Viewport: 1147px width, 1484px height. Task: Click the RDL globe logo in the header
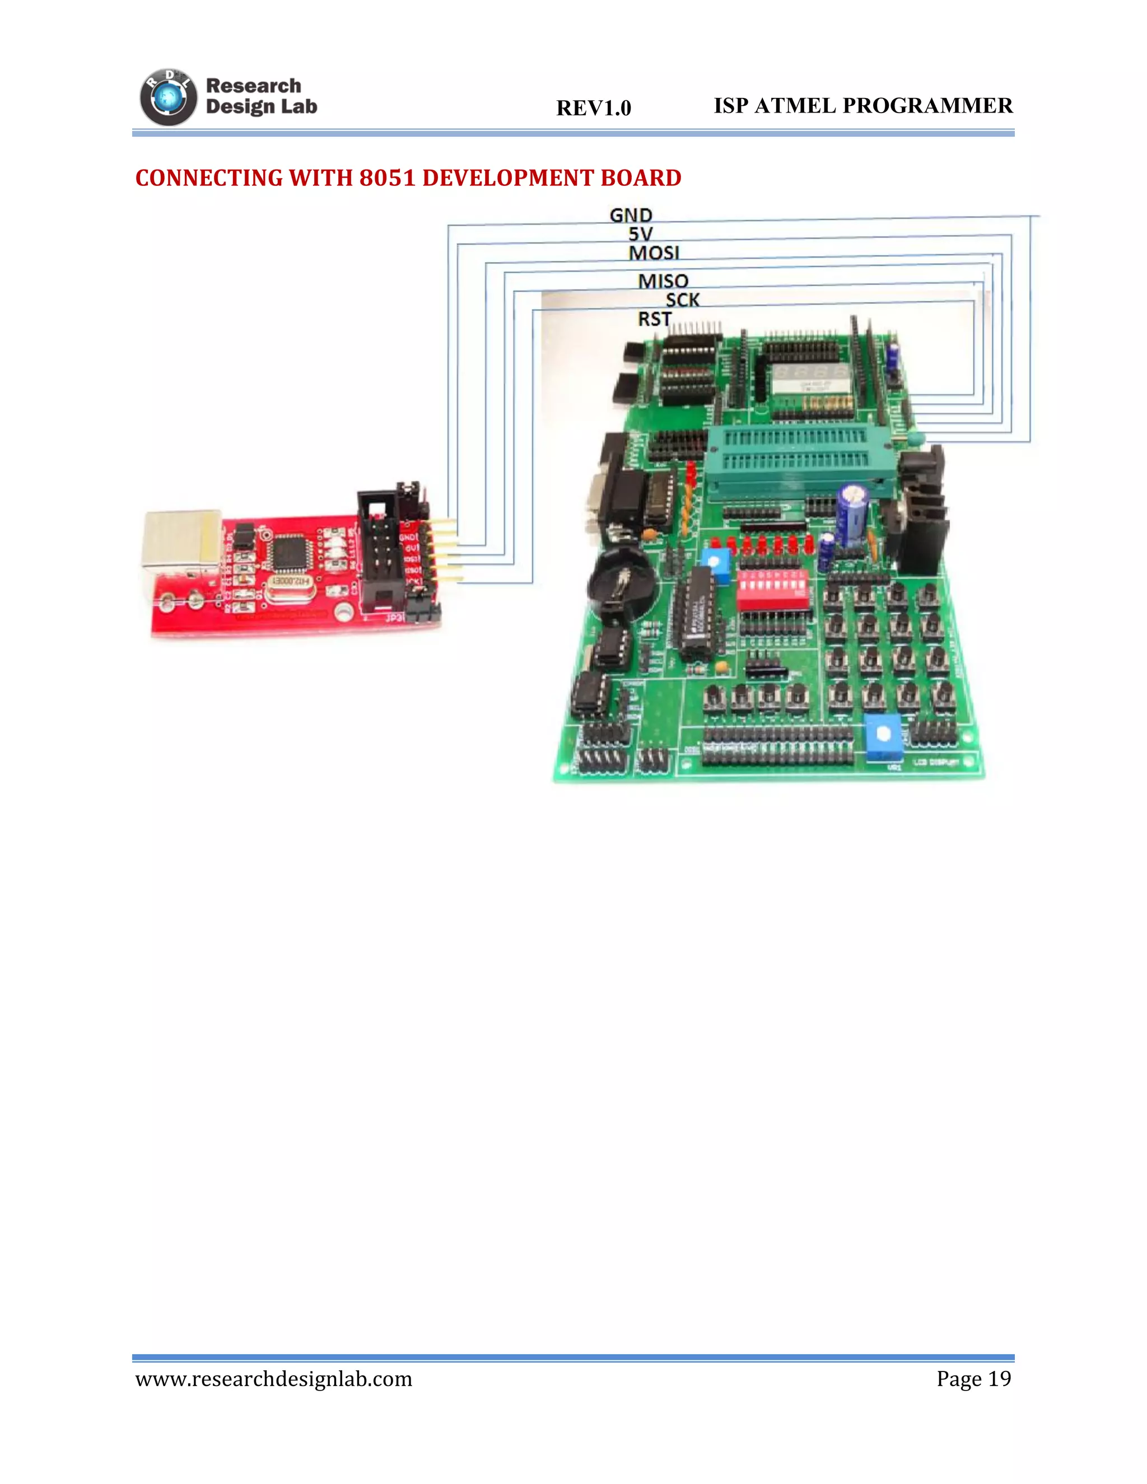click(168, 98)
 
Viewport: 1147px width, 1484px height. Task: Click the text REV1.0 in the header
click(593, 108)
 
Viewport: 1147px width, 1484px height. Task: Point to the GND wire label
click(631, 216)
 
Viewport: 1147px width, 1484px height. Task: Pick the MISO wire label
click(663, 281)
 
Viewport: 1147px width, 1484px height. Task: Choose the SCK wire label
click(682, 300)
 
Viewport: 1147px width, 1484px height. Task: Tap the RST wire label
click(654, 319)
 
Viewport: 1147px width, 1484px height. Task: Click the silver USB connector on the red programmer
click(181, 540)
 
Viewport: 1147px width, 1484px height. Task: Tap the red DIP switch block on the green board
click(772, 590)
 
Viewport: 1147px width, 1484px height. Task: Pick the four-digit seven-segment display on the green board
click(808, 376)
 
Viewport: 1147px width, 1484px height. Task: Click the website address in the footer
click(274, 1379)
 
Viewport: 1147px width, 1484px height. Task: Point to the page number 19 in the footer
click(999, 1379)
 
